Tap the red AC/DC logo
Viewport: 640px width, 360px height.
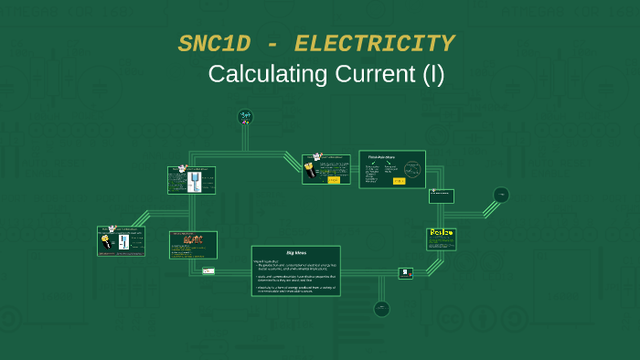click(x=194, y=240)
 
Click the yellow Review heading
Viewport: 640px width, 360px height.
click(x=442, y=234)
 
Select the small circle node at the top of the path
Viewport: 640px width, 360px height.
click(x=245, y=116)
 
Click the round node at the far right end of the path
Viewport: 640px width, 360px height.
click(x=501, y=195)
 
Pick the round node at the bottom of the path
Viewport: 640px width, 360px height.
click(x=382, y=309)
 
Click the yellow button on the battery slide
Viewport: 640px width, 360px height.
click(x=333, y=180)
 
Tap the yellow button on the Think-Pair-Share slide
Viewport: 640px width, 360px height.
click(x=399, y=181)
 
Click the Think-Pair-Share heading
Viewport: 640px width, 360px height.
click(x=381, y=157)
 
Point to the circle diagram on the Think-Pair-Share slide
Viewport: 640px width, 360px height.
click(x=412, y=170)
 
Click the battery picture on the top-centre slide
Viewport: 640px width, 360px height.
click(x=316, y=165)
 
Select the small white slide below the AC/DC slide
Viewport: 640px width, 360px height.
click(x=208, y=270)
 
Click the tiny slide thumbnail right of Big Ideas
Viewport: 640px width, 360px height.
click(x=405, y=272)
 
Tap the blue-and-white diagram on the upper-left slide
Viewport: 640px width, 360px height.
click(x=194, y=182)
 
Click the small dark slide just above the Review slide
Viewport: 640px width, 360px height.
click(x=442, y=196)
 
